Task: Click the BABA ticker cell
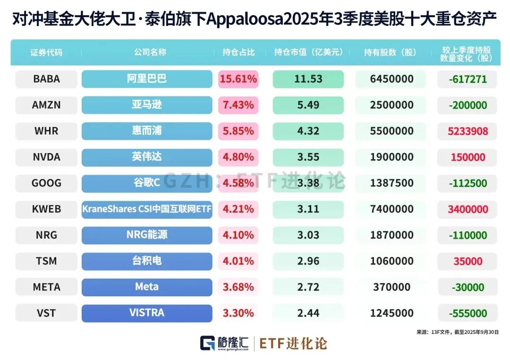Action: tap(46, 79)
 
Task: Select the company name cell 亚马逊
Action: tap(147, 105)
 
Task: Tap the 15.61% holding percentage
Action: tap(238, 79)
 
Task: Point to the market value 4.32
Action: tap(308, 131)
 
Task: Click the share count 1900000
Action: tap(391, 157)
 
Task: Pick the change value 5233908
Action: tap(467, 131)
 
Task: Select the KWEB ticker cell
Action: tap(46, 209)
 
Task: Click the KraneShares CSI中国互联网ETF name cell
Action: tap(147, 209)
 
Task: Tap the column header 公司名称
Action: tap(147, 52)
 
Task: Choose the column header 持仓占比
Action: tap(238, 52)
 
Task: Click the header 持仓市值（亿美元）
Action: tap(308, 52)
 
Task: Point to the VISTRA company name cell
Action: tap(147, 313)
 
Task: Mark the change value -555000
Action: tap(467, 313)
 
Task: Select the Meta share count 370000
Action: tap(391, 287)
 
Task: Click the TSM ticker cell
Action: tap(46, 261)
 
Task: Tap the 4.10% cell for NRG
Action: tap(238, 235)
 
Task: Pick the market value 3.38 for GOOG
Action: tap(308, 183)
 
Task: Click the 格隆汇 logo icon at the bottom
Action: tap(207, 343)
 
